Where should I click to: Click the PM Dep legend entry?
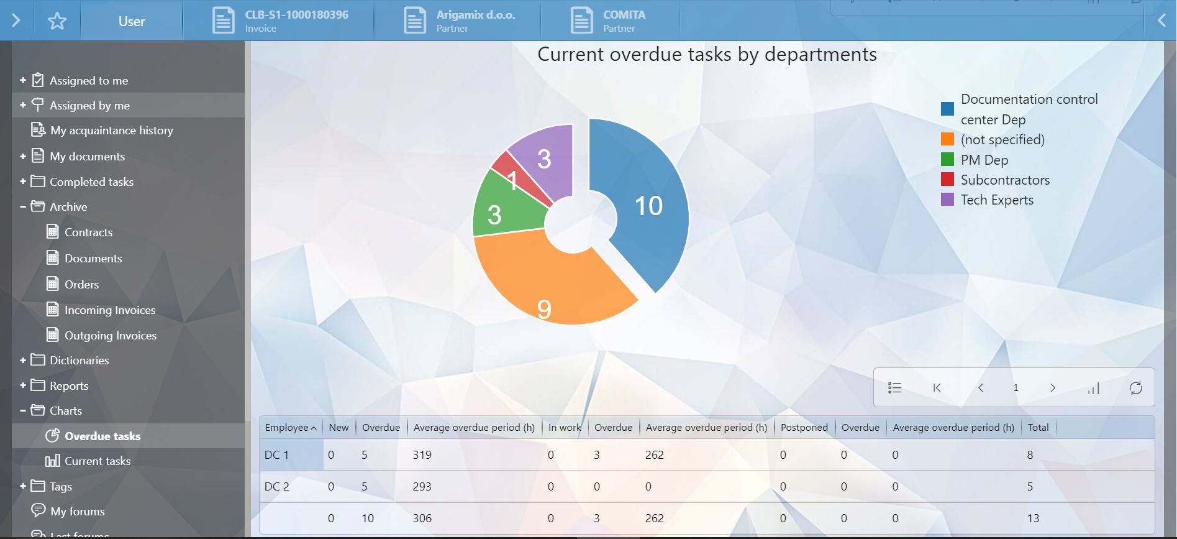click(x=984, y=160)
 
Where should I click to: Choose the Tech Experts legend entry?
click(x=996, y=200)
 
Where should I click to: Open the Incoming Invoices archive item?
click(x=110, y=310)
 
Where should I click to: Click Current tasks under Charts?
click(x=97, y=461)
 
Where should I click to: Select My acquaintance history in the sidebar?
click(x=111, y=130)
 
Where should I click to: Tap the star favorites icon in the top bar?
click(x=57, y=21)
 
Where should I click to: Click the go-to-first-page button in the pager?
click(x=937, y=388)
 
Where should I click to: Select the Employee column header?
click(x=286, y=427)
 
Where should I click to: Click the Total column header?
click(x=1038, y=427)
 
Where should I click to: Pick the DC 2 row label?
click(x=277, y=486)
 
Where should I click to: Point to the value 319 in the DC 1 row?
click(x=422, y=454)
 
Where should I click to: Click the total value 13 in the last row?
click(x=1033, y=518)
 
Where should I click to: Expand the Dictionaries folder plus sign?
click(x=23, y=360)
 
